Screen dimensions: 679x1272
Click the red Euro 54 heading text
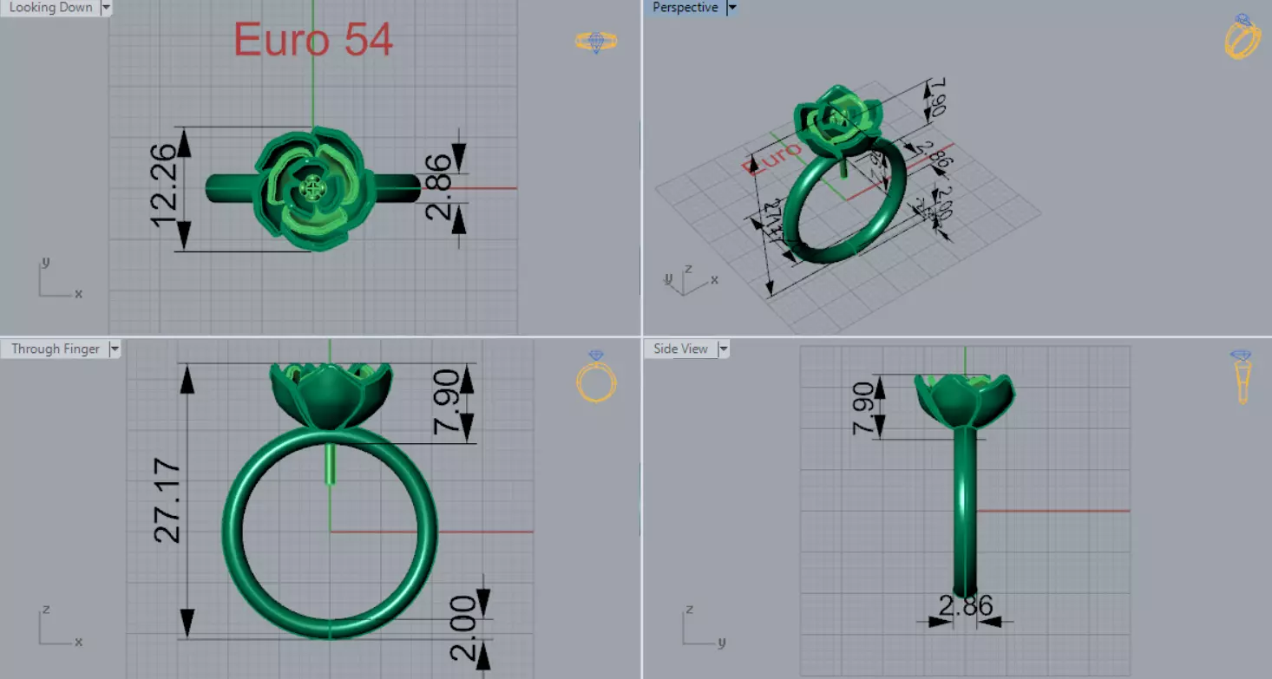(x=313, y=40)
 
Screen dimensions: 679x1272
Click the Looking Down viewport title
(x=50, y=8)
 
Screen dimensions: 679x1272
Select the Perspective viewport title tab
(x=685, y=8)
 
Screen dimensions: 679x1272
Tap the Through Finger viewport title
(x=56, y=349)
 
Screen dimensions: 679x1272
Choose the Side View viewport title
(x=680, y=349)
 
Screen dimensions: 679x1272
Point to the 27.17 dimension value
(x=168, y=503)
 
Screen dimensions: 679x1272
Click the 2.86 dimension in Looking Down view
(x=440, y=187)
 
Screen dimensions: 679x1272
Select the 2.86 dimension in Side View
(x=965, y=605)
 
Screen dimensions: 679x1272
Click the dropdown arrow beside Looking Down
(x=107, y=8)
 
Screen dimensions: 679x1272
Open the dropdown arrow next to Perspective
(x=731, y=8)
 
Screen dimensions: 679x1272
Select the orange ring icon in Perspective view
(x=1242, y=37)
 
